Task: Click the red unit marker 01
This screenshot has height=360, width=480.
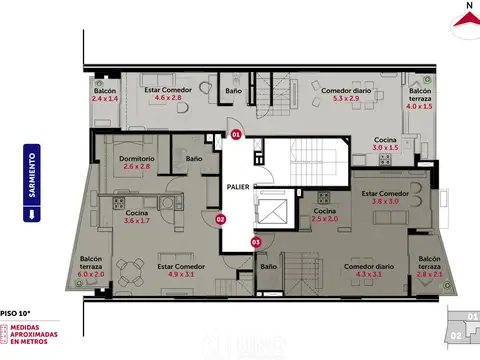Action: point(236,133)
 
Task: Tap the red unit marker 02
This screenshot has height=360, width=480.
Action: point(221,219)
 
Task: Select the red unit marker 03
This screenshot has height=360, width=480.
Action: point(255,241)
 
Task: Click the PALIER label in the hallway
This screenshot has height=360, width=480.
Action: point(238,186)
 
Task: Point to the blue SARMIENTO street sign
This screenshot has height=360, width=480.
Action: point(32,184)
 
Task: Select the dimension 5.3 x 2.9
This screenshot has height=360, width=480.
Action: point(345,99)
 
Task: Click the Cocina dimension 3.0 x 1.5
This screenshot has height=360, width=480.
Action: point(386,147)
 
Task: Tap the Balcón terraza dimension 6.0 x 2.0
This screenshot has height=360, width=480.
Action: point(91,274)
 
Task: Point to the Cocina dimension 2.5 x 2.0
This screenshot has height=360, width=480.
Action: point(324,219)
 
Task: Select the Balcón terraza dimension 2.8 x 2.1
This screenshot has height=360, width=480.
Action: point(429,274)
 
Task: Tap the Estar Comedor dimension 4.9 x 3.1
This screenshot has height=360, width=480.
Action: point(180,274)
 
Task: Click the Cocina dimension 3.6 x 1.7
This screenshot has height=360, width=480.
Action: point(137,220)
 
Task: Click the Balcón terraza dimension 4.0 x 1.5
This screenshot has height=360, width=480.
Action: point(421,106)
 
